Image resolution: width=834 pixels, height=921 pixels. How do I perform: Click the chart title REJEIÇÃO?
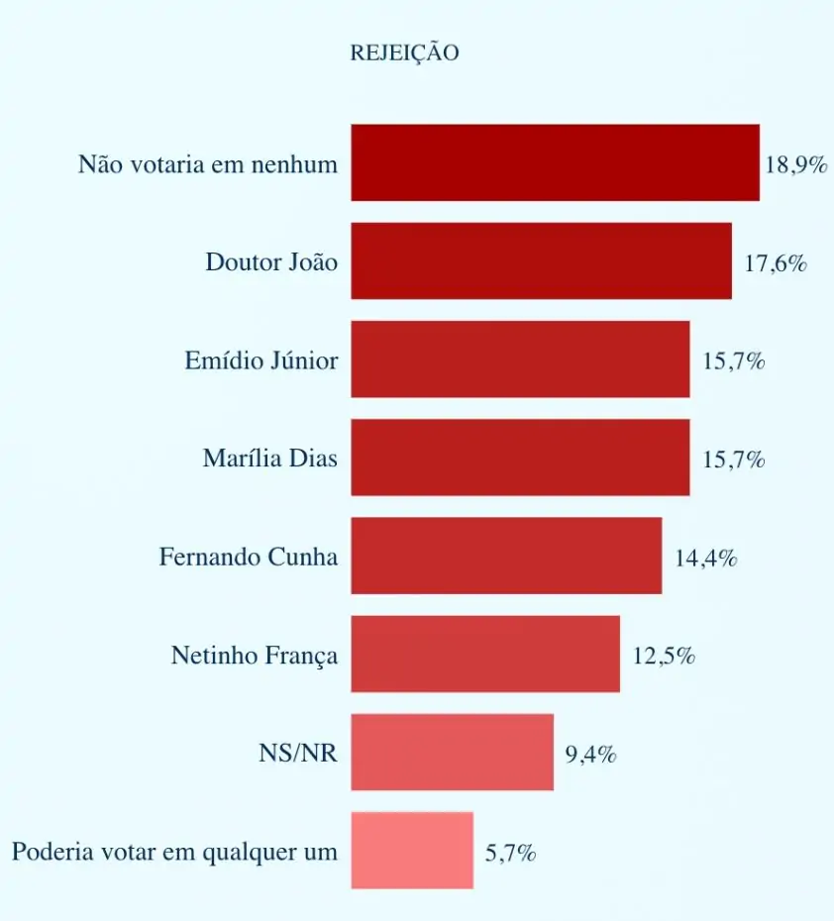pyautogui.click(x=404, y=53)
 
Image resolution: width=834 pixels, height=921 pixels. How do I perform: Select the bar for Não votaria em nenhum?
pyautogui.click(x=555, y=162)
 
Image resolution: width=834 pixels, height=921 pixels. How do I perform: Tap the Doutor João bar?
pyautogui.click(x=541, y=260)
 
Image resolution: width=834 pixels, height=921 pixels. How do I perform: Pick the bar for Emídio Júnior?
pyautogui.click(x=520, y=358)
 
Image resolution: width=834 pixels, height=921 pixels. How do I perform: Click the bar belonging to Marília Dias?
pyautogui.click(x=520, y=457)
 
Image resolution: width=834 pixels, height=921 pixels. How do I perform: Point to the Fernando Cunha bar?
pyautogui.click(x=506, y=556)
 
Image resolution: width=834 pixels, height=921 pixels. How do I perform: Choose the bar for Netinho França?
pyautogui.click(x=485, y=654)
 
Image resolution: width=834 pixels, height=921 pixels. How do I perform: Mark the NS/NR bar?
pyautogui.click(x=452, y=752)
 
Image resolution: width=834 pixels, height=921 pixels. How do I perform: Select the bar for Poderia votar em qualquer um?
pyautogui.click(x=412, y=850)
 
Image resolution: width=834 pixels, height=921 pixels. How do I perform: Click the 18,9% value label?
pyautogui.click(x=796, y=164)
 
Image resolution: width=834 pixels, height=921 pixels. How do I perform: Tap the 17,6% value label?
pyautogui.click(x=776, y=263)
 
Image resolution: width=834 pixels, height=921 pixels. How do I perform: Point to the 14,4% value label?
pyautogui.click(x=706, y=558)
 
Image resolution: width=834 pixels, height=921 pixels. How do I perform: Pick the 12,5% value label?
pyautogui.click(x=664, y=656)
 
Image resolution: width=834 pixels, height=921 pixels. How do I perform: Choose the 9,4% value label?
pyautogui.click(x=591, y=755)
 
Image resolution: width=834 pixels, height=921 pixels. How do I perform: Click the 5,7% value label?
pyautogui.click(x=511, y=853)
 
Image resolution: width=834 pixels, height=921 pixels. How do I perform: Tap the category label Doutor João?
pyautogui.click(x=271, y=262)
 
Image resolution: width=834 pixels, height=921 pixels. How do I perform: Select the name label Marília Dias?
pyautogui.click(x=269, y=459)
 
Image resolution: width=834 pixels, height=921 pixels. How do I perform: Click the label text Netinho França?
pyautogui.click(x=254, y=656)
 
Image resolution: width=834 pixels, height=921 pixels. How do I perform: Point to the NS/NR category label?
pyautogui.click(x=298, y=754)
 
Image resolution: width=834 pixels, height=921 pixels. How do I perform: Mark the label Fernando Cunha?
pyautogui.click(x=248, y=557)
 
